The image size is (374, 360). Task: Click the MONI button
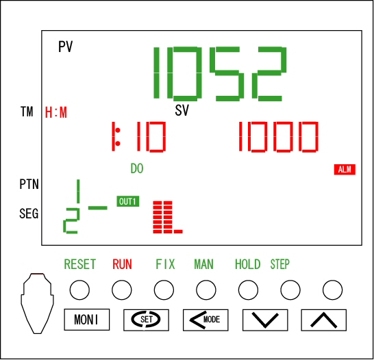(87, 320)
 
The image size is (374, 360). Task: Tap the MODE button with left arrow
(205, 320)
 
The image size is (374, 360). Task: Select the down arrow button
(265, 320)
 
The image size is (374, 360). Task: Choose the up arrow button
(324, 320)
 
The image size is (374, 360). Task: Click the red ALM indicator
(345, 170)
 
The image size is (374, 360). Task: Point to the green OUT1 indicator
(128, 202)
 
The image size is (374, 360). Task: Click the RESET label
(80, 264)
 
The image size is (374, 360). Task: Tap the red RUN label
(122, 264)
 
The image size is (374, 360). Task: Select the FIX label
(165, 264)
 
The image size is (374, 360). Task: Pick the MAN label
(203, 264)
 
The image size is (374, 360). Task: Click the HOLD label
(247, 264)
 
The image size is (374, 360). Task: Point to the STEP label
(279, 264)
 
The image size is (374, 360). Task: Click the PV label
(65, 47)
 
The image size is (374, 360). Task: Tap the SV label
(182, 110)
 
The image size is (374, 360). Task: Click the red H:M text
(56, 113)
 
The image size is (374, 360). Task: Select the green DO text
(137, 168)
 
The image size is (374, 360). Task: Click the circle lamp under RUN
(122, 290)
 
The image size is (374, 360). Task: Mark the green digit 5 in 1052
(227, 74)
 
